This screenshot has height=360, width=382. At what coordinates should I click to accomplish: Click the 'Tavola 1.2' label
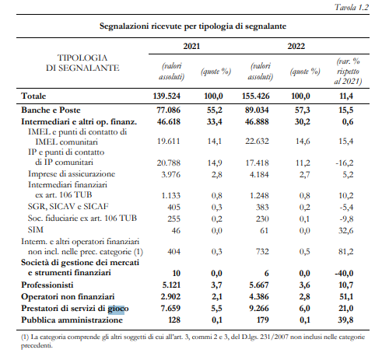(x=352, y=7)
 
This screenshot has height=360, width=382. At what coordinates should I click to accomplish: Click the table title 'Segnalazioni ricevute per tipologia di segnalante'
(x=193, y=26)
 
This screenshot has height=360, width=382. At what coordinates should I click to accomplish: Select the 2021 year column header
(x=191, y=46)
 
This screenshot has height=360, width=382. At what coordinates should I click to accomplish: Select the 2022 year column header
(x=296, y=46)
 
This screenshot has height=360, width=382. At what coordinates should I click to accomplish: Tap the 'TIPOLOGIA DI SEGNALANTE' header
(x=82, y=63)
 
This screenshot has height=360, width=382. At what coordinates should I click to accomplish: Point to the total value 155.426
(x=256, y=96)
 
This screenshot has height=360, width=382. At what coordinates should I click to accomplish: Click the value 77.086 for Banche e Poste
(x=168, y=110)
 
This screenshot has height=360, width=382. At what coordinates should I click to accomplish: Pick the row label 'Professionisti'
(x=47, y=285)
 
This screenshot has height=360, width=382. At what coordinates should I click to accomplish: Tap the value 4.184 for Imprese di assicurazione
(x=259, y=174)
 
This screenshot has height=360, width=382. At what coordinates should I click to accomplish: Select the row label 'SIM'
(x=36, y=229)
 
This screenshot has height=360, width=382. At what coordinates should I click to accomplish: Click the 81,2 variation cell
(x=345, y=251)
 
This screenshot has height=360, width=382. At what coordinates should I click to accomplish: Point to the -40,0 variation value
(x=344, y=273)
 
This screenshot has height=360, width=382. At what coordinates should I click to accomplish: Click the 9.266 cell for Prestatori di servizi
(x=259, y=308)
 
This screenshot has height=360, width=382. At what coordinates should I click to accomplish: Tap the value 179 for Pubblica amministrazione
(x=262, y=320)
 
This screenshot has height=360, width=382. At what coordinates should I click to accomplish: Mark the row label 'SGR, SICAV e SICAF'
(x=68, y=206)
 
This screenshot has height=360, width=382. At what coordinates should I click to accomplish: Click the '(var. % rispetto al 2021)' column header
(x=348, y=72)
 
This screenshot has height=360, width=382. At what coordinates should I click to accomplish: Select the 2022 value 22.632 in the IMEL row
(x=257, y=142)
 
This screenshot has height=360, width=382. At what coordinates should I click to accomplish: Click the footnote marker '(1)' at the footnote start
(x=25, y=337)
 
